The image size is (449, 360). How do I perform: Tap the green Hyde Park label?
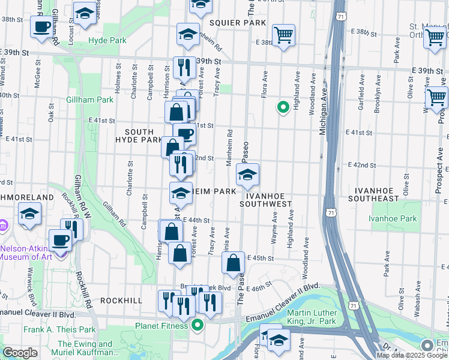tap(107, 40)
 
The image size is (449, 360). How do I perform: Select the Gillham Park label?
tap(90, 99)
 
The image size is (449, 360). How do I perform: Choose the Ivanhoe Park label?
tap(394, 219)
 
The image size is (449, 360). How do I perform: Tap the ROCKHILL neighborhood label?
tap(121, 300)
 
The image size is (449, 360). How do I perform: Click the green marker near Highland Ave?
tap(282, 107)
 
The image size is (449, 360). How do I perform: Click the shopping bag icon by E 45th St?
tap(233, 263)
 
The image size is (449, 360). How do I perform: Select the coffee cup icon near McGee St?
tap(42, 27)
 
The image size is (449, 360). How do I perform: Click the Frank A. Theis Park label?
tap(59, 329)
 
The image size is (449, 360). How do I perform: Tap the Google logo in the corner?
tap(20, 353)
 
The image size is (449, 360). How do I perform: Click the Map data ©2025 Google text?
tap(411, 355)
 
